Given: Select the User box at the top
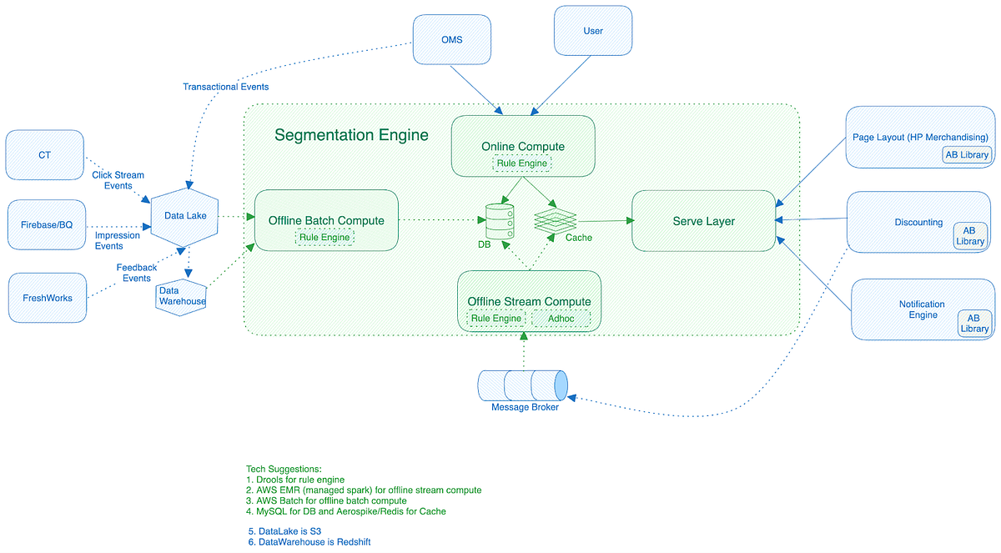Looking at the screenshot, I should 593,32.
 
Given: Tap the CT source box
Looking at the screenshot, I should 44,154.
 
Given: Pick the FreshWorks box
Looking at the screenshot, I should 47,297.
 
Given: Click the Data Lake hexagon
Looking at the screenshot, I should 185,216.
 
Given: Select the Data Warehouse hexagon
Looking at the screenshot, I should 181,296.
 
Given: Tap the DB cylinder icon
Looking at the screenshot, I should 500,221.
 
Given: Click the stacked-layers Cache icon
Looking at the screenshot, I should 556,220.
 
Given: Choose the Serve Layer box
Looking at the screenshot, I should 703,221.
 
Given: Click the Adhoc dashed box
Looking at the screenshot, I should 561,319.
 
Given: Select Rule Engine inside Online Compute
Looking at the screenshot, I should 522,163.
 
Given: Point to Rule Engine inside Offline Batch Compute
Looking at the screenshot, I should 324,238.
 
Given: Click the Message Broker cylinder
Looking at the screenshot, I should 523,385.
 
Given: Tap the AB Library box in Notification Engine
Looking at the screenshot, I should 973,323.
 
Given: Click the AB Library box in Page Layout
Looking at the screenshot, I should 967,154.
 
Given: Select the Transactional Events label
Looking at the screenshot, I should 225,87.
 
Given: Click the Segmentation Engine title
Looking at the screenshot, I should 351,135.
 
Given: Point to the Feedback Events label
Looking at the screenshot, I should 137,273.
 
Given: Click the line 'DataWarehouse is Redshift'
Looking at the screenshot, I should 309,542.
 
